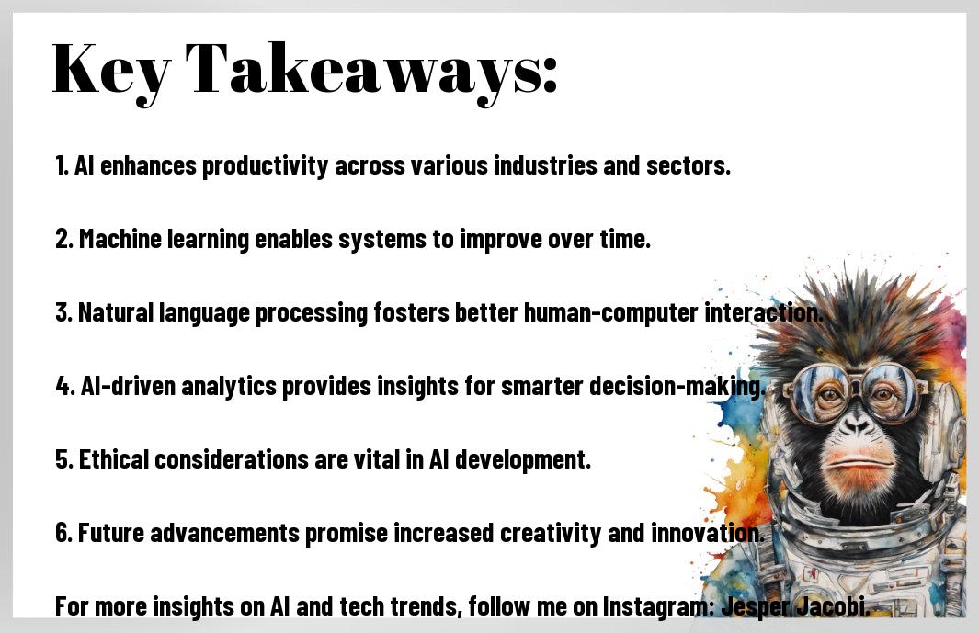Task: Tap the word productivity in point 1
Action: (x=265, y=166)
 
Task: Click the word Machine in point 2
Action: (x=120, y=239)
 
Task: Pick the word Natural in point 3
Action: (x=116, y=312)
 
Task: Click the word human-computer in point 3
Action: (x=610, y=312)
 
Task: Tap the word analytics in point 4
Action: (x=229, y=387)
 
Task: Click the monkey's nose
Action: (x=857, y=425)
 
